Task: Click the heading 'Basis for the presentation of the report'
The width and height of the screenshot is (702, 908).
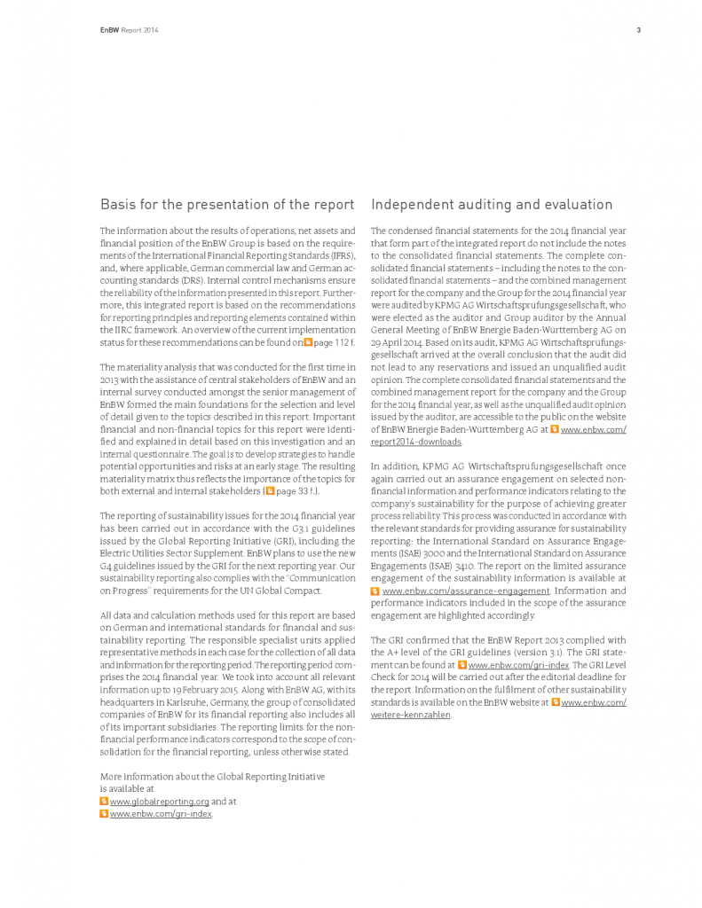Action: (x=227, y=205)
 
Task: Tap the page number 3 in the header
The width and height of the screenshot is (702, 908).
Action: (x=638, y=30)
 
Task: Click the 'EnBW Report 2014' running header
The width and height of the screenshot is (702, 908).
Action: (x=129, y=30)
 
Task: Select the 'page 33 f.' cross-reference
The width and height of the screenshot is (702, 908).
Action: (x=296, y=490)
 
